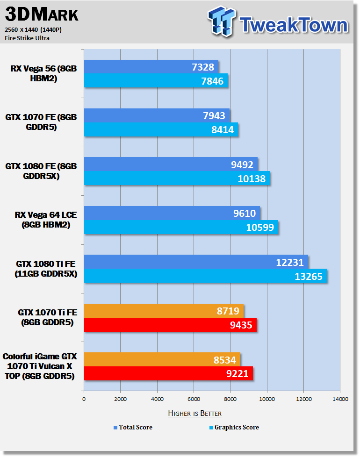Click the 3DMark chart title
coord(42,14)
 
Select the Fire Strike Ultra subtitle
coord(27,38)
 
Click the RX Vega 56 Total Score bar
coord(151,67)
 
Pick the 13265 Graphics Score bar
coord(205,276)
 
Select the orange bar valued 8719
coord(164,311)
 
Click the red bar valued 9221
coord(168,373)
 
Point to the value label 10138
coord(252,179)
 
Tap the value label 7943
coord(214,116)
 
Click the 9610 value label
coord(244,214)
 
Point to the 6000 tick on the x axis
coord(194,399)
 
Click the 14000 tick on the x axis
coord(340,399)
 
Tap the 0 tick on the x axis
coord(84,399)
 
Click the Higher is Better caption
coord(194,413)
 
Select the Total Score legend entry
coord(133,427)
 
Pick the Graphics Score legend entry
coord(234,427)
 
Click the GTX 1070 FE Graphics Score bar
coord(161,129)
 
